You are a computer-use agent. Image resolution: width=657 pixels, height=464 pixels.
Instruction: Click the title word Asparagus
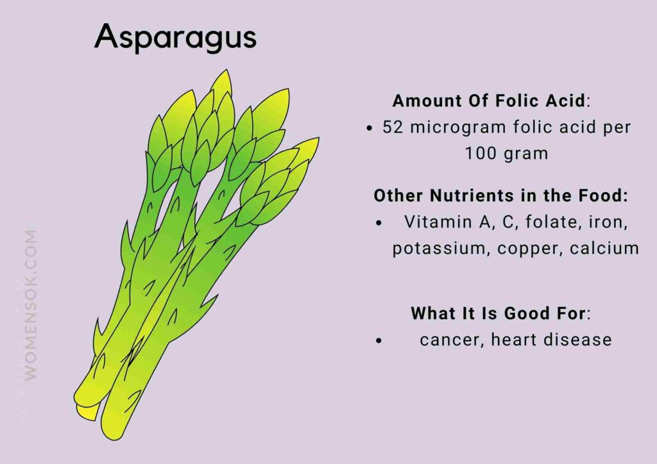click(175, 38)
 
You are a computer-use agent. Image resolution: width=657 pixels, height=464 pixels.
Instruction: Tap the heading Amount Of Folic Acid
click(488, 101)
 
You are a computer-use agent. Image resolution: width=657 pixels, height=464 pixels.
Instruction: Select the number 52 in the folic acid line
click(393, 127)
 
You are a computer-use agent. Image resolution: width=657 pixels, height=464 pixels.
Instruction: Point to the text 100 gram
click(506, 154)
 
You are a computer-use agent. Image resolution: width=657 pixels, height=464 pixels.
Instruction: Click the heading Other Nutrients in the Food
click(500, 195)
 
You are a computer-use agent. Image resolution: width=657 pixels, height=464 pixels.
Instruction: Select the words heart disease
click(551, 340)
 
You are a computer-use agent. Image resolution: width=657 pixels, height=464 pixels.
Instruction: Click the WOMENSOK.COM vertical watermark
click(30, 305)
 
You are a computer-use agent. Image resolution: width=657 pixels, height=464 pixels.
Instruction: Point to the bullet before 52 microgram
click(369, 128)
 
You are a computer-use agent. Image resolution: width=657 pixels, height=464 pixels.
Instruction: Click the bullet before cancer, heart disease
click(380, 341)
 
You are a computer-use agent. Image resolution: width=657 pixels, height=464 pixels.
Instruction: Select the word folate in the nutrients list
click(547, 222)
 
